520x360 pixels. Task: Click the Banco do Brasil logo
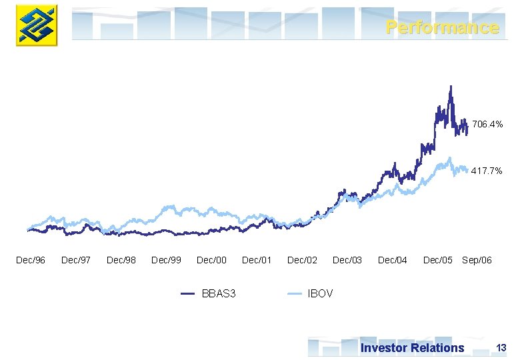pos(37,25)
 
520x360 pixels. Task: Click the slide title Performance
pos(442,27)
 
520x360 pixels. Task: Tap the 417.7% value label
pos(487,171)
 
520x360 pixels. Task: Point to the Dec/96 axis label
pos(31,260)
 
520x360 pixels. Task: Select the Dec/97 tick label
pos(76,260)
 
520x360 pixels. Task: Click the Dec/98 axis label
pos(121,260)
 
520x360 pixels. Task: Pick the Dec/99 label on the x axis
pos(167,260)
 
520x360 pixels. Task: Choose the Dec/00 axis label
pos(212,260)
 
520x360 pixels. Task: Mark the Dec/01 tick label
pos(257,260)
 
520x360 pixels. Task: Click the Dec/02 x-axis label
pos(302,260)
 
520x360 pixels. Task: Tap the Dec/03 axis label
pos(347,260)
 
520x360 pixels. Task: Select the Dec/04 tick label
pos(393,260)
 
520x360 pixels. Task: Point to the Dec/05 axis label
pos(438,260)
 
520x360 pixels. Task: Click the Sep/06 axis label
pos(477,260)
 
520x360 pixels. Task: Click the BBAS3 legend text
pos(219,293)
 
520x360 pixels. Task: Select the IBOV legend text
pos(320,293)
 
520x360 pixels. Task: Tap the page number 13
pos(501,347)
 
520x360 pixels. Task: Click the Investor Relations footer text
pos(412,347)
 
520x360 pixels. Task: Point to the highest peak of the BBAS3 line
pos(451,86)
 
